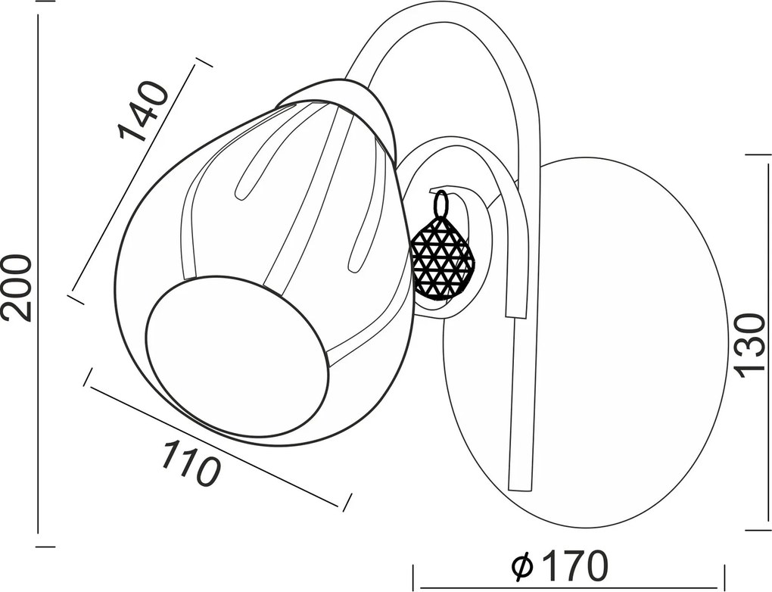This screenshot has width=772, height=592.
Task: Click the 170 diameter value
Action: tap(573, 566)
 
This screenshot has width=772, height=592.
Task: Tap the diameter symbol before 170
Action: tap(523, 566)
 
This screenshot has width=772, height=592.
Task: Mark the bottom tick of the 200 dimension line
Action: tap(45, 547)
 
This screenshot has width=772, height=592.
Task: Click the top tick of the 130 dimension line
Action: tap(757, 155)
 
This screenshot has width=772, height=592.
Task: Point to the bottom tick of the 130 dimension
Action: tap(757, 531)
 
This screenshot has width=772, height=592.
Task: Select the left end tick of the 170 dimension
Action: tap(413, 577)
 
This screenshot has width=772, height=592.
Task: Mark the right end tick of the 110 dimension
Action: tap(347, 500)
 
